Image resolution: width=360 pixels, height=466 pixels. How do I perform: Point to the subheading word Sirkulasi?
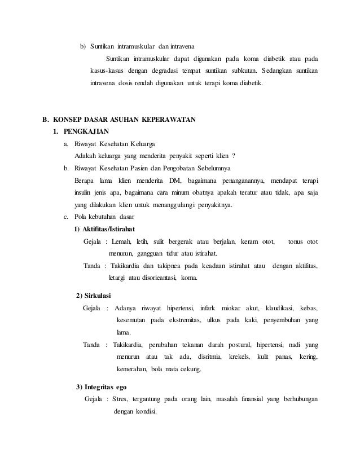[98, 296]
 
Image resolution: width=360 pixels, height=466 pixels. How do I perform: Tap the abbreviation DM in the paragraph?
[174, 181]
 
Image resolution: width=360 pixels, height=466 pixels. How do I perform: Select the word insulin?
[85, 193]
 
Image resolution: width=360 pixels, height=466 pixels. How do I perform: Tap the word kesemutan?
[134, 320]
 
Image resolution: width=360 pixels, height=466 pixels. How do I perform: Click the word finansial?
[251, 399]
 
